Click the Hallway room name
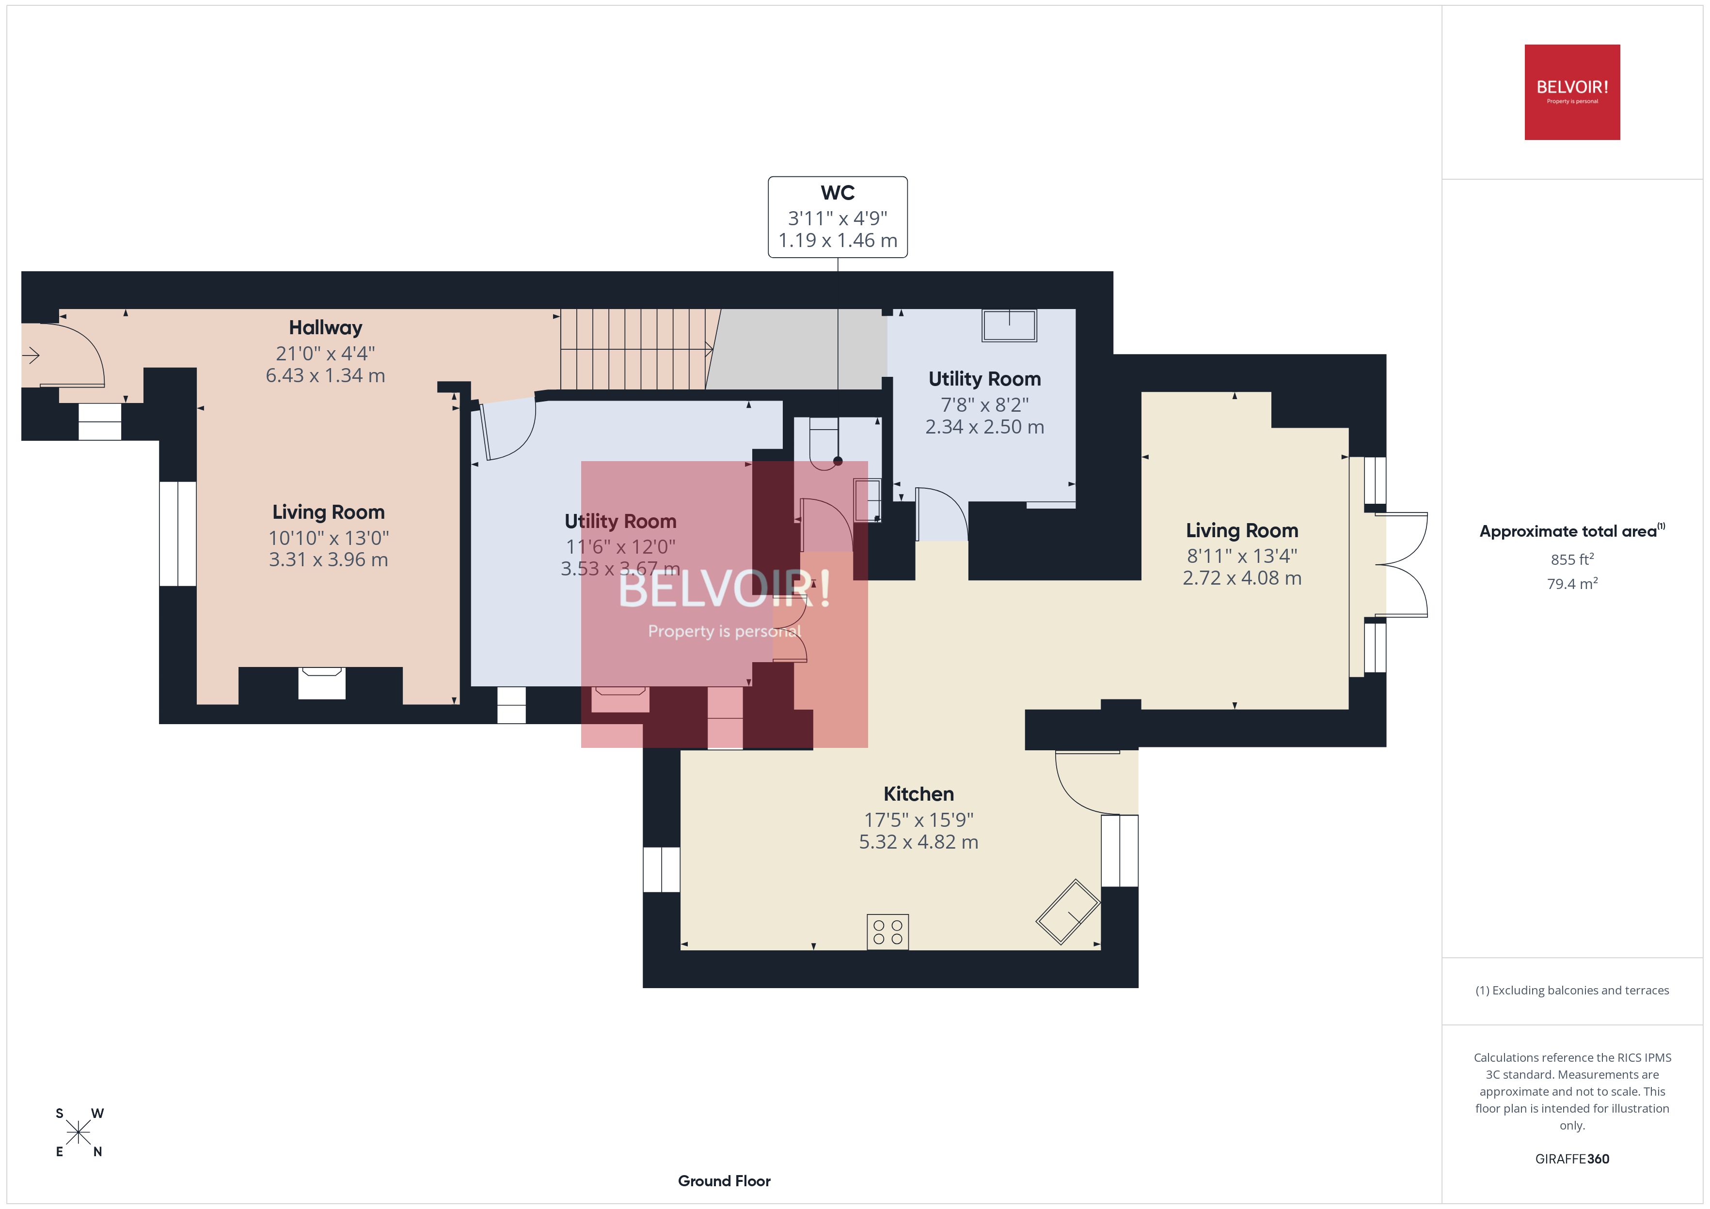(325, 327)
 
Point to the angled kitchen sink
(1067, 912)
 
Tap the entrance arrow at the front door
(32, 356)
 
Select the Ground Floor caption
(724, 1181)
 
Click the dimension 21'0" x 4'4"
(325, 353)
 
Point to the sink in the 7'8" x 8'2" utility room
(1009, 325)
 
